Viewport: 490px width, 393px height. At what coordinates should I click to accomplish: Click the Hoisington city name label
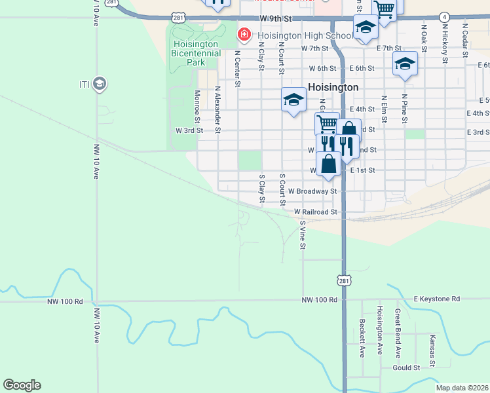(x=333, y=87)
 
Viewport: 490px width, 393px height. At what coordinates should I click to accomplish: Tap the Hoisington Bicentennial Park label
(x=189, y=53)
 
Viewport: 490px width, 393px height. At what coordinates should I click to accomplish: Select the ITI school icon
(x=100, y=84)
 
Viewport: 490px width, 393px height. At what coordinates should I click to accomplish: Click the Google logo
(x=22, y=385)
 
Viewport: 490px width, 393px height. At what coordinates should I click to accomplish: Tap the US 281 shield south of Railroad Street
(x=344, y=280)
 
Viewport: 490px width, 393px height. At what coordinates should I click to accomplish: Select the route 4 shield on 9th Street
(x=445, y=16)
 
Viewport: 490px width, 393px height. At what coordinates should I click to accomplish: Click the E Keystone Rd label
(x=436, y=299)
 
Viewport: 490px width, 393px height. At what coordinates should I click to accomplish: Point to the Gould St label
(x=406, y=368)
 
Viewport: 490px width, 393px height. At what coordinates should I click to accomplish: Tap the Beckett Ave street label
(x=362, y=338)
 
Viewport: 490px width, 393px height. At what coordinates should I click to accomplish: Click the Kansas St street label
(x=432, y=350)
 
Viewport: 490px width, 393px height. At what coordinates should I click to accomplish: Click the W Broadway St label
(x=307, y=191)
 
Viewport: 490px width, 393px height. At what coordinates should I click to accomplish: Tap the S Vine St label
(x=303, y=234)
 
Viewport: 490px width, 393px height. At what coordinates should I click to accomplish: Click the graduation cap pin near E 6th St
(x=405, y=64)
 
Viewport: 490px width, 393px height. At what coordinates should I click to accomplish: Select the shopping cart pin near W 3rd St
(x=327, y=124)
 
